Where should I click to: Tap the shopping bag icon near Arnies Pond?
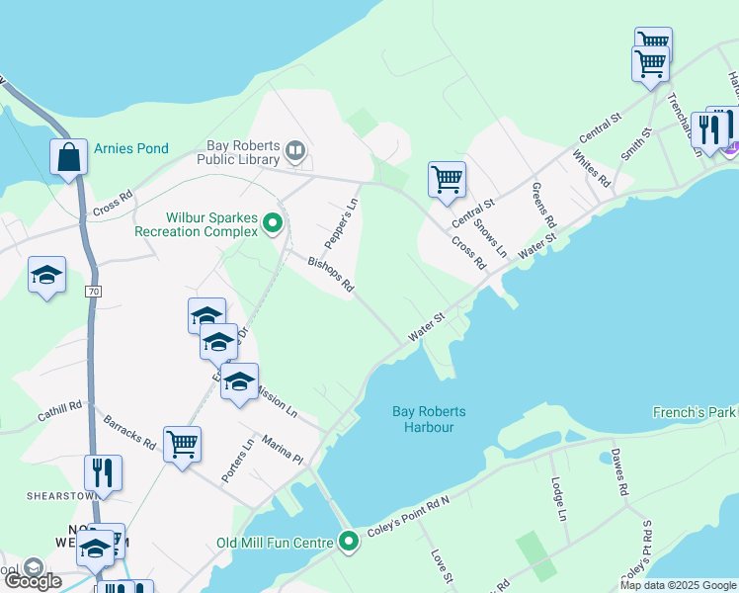click(68, 157)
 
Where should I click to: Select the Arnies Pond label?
click(131, 148)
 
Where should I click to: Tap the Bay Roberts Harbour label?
click(429, 419)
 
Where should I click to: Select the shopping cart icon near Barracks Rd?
click(183, 445)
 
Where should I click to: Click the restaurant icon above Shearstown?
click(103, 473)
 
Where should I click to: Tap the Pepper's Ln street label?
click(341, 225)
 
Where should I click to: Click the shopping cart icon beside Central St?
click(447, 180)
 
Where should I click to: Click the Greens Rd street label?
click(544, 204)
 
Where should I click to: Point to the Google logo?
click(32, 581)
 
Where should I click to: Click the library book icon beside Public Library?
click(294, 151)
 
